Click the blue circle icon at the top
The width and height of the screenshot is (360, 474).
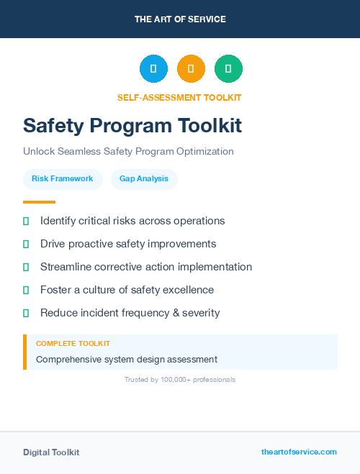153,68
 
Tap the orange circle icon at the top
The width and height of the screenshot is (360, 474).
191,68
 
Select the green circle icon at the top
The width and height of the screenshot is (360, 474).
228,68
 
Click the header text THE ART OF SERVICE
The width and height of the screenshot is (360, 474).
180,19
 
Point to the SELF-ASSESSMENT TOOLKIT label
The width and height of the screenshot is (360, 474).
179,97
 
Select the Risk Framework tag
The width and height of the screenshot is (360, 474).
63,178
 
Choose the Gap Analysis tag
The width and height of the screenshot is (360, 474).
144,178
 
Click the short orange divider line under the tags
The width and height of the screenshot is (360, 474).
39,202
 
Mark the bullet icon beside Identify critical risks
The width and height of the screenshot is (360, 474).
26,221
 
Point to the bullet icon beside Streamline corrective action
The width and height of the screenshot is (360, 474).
26,267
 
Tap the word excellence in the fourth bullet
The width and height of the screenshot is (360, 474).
189,290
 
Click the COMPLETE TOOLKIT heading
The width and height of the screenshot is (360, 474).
73,344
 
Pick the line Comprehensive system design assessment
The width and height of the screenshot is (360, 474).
127,359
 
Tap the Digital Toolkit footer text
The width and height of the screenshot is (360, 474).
51,452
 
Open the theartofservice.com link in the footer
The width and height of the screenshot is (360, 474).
299,452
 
